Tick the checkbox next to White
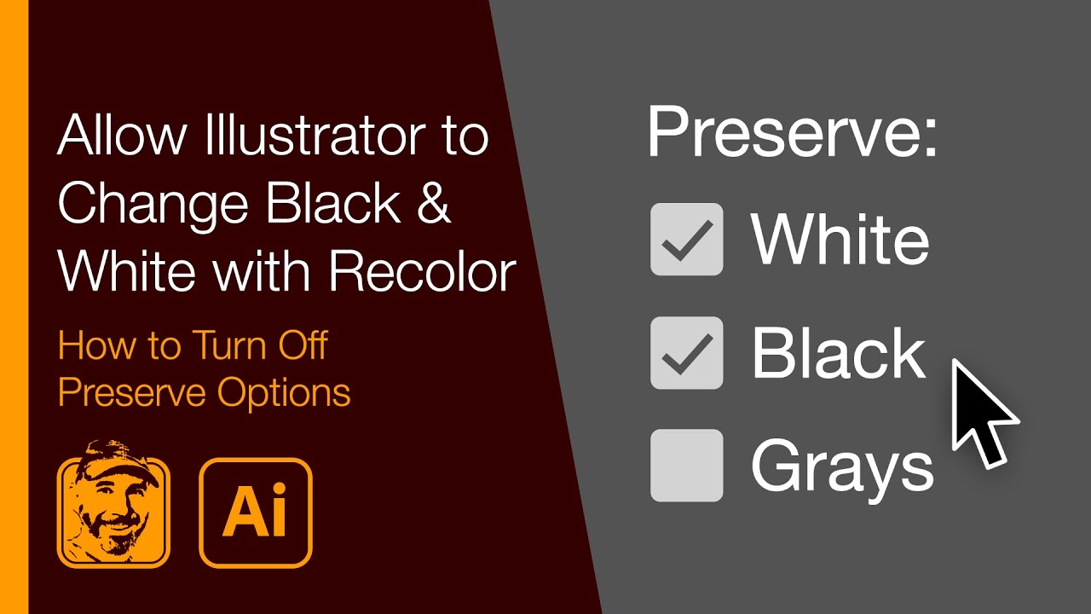click(x=686, y=240)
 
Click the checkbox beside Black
click(x=686, y=353)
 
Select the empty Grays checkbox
click(x=686, y=466)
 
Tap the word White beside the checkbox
click(x=840, y=240)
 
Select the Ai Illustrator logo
click(x=256, y=513)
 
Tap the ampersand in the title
click(x=435, y=205)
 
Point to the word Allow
click(x=107, y=136)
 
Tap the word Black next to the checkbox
click(x=838, y=353)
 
